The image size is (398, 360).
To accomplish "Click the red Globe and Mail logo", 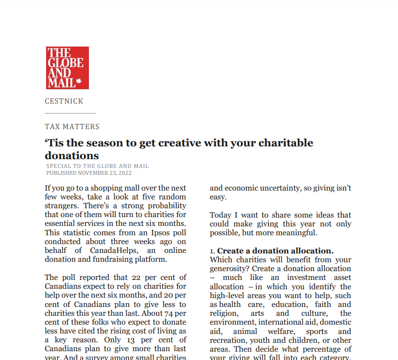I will click(x=67, y=68).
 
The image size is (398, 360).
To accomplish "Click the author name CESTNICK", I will click(x=64, y=101).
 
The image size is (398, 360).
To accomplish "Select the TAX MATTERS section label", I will click(x=72, y=127).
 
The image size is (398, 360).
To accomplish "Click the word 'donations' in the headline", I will click(x=72, y=156).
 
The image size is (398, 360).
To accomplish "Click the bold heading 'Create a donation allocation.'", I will click(x=275, y=250).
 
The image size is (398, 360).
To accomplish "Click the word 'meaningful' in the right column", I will click(x=295, y=233).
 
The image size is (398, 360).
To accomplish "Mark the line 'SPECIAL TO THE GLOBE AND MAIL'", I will click(x=97, y=166).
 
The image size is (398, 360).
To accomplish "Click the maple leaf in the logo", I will click(x=79, y=83).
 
